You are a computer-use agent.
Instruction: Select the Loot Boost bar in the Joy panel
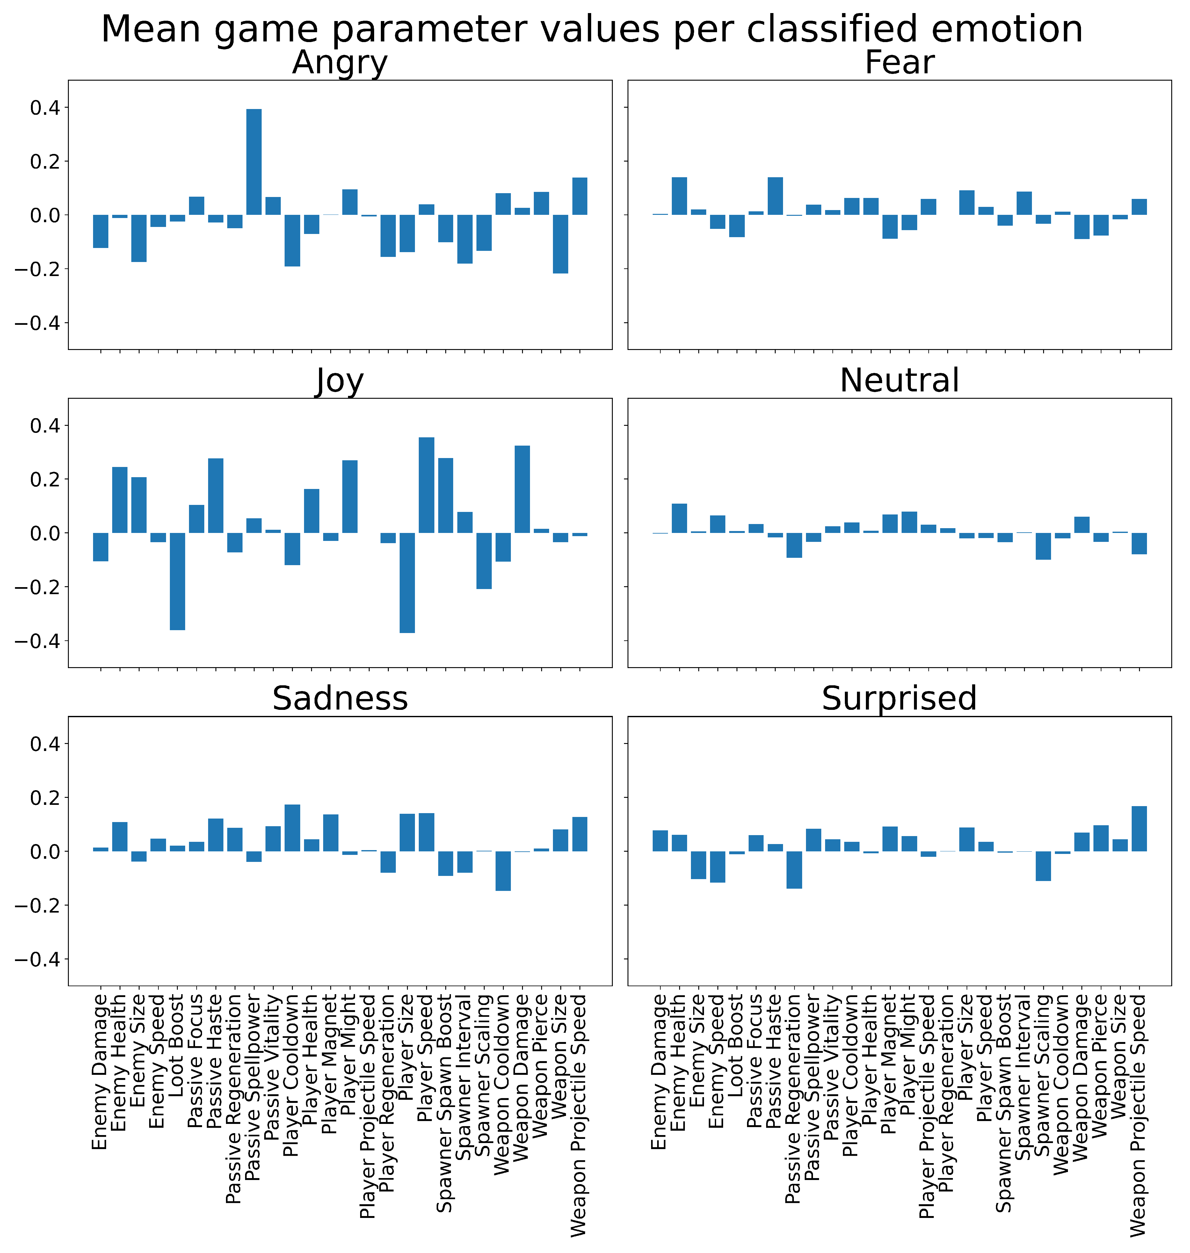coord(178,581)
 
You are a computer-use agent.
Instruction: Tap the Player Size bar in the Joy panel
coord(407,582)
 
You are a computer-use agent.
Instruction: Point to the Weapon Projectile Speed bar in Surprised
coord(1139,828)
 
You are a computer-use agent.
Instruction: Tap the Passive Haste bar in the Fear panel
coord(775,196)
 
